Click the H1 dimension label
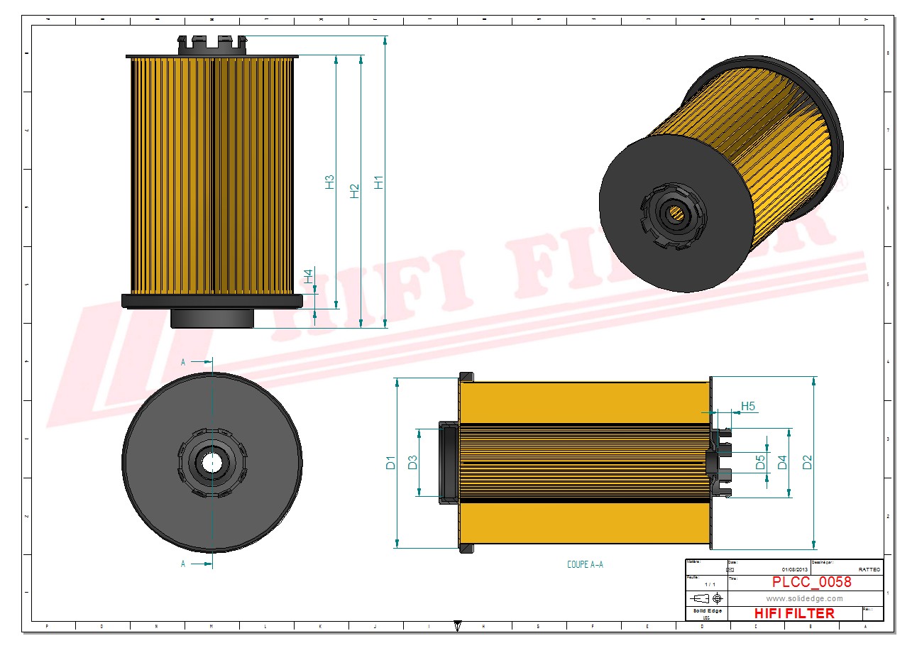[x=379, y=182]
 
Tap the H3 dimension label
[x=330, y=182]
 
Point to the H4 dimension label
[x=309, y=276]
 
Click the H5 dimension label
[x=748, y=407]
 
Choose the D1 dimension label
[x=390, y=463]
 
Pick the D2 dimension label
[x=807, y=462]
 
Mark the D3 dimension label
[x=412, y=463]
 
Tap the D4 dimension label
[x=783, y=463]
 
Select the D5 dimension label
[x=760, y=463]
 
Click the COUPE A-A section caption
[x=585, y=565]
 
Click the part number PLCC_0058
[x=811, y=582]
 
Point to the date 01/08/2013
[x=795, y=570]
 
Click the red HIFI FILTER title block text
[x=794, y=613]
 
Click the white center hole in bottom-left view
[x=212, y=462]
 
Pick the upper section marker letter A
[x=183, y=362]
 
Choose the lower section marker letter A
[x=183, y=564]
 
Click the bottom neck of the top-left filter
[x=212, y=318]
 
